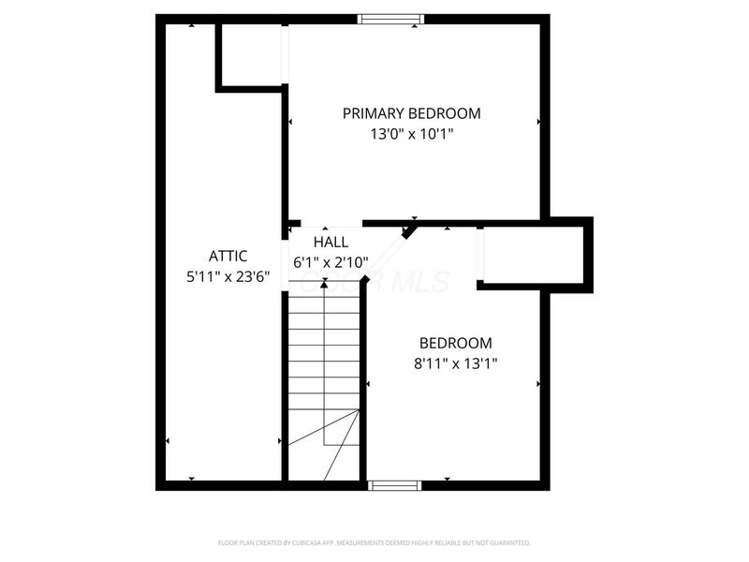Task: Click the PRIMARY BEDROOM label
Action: point(411,113)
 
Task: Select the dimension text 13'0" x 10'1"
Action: point(412,134)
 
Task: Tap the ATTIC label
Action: point(228,256)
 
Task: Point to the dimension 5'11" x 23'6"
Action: point(228,276)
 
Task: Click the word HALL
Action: point(330,242)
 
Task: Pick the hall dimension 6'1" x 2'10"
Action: point(330,263)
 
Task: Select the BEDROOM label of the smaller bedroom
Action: point(455,343)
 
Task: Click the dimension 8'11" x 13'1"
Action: point(455,363)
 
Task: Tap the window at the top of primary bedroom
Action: point(391,19)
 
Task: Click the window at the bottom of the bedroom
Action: point(394,485)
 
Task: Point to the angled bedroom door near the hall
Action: point(410,229)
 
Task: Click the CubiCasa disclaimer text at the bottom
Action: point(374,542)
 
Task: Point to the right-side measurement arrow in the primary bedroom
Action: point(538,122)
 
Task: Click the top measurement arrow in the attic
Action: point(192,26)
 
